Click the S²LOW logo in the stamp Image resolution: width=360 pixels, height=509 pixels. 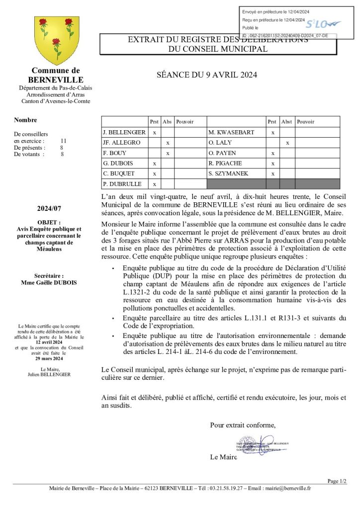coord(323,24)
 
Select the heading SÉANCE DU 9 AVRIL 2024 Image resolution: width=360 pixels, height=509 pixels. coord(206,75)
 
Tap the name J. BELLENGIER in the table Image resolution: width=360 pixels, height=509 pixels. coord(124,132)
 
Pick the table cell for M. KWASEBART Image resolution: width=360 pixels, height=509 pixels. coord(232,132)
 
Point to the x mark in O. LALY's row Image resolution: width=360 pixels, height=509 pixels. coord(287,143)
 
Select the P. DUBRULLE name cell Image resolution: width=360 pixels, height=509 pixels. coord(122,184)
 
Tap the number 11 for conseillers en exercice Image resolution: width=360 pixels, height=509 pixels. coord(63,141)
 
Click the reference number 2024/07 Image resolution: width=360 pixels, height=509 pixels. coord(49,209)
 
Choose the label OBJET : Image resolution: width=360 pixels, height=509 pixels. coord(49,222)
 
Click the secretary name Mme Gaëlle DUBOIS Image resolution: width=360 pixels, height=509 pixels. coord(49,283)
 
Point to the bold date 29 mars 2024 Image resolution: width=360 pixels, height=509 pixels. coord(49,358)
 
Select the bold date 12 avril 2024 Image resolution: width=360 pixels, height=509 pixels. coord(49,342)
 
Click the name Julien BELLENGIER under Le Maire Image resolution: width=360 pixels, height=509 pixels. coord(49,374)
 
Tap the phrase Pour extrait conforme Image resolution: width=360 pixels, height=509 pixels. coord(243,425)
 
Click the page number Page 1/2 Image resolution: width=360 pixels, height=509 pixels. coord(337,481)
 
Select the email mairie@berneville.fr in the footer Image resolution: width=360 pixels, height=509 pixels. coord(287,488)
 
